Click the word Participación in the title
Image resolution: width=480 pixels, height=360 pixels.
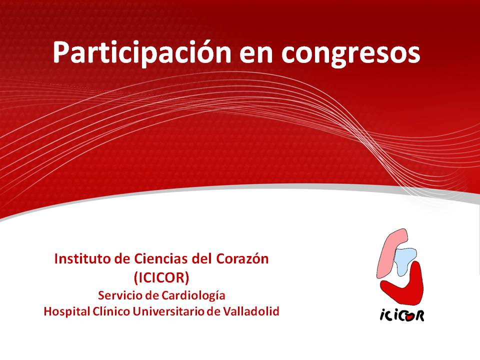tap(141, 52)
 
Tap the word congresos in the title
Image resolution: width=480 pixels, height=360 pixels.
tap(351, 54)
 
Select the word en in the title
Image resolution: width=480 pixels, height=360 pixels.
tap(256, 54)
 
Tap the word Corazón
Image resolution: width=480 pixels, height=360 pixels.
tap(242, 258)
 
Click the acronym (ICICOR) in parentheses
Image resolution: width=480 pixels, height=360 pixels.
tap(161, 277)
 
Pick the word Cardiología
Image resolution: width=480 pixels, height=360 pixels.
tap(193, 296)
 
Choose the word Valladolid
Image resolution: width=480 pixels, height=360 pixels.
tap(251, 311)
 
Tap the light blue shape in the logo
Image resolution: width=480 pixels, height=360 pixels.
tap(404, 260)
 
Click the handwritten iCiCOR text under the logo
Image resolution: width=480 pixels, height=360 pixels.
tap(402, 315)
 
